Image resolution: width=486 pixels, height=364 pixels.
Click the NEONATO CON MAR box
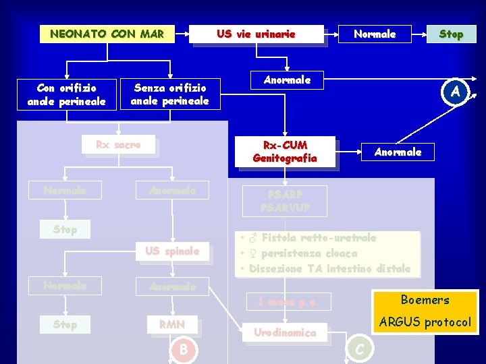107,34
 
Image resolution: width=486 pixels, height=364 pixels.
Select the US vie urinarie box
256,34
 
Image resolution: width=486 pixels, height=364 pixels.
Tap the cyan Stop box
451,34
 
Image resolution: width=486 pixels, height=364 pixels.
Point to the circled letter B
182,349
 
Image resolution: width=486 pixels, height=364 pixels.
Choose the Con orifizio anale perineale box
66,94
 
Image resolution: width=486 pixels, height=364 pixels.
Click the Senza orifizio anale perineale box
170,94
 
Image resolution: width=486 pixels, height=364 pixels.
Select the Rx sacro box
118,145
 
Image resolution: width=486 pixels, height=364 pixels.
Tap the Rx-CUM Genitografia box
285,152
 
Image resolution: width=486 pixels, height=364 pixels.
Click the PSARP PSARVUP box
284,201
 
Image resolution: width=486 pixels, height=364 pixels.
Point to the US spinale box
172,251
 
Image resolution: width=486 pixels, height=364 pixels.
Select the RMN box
171,325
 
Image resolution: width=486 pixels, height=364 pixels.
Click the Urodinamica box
285,332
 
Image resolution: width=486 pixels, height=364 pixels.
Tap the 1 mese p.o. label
288,303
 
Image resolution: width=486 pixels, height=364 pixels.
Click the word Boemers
425,300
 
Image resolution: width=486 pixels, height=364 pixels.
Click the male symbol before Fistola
252,238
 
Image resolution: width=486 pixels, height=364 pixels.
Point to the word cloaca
338,253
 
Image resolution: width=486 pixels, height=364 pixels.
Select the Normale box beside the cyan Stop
375,34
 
